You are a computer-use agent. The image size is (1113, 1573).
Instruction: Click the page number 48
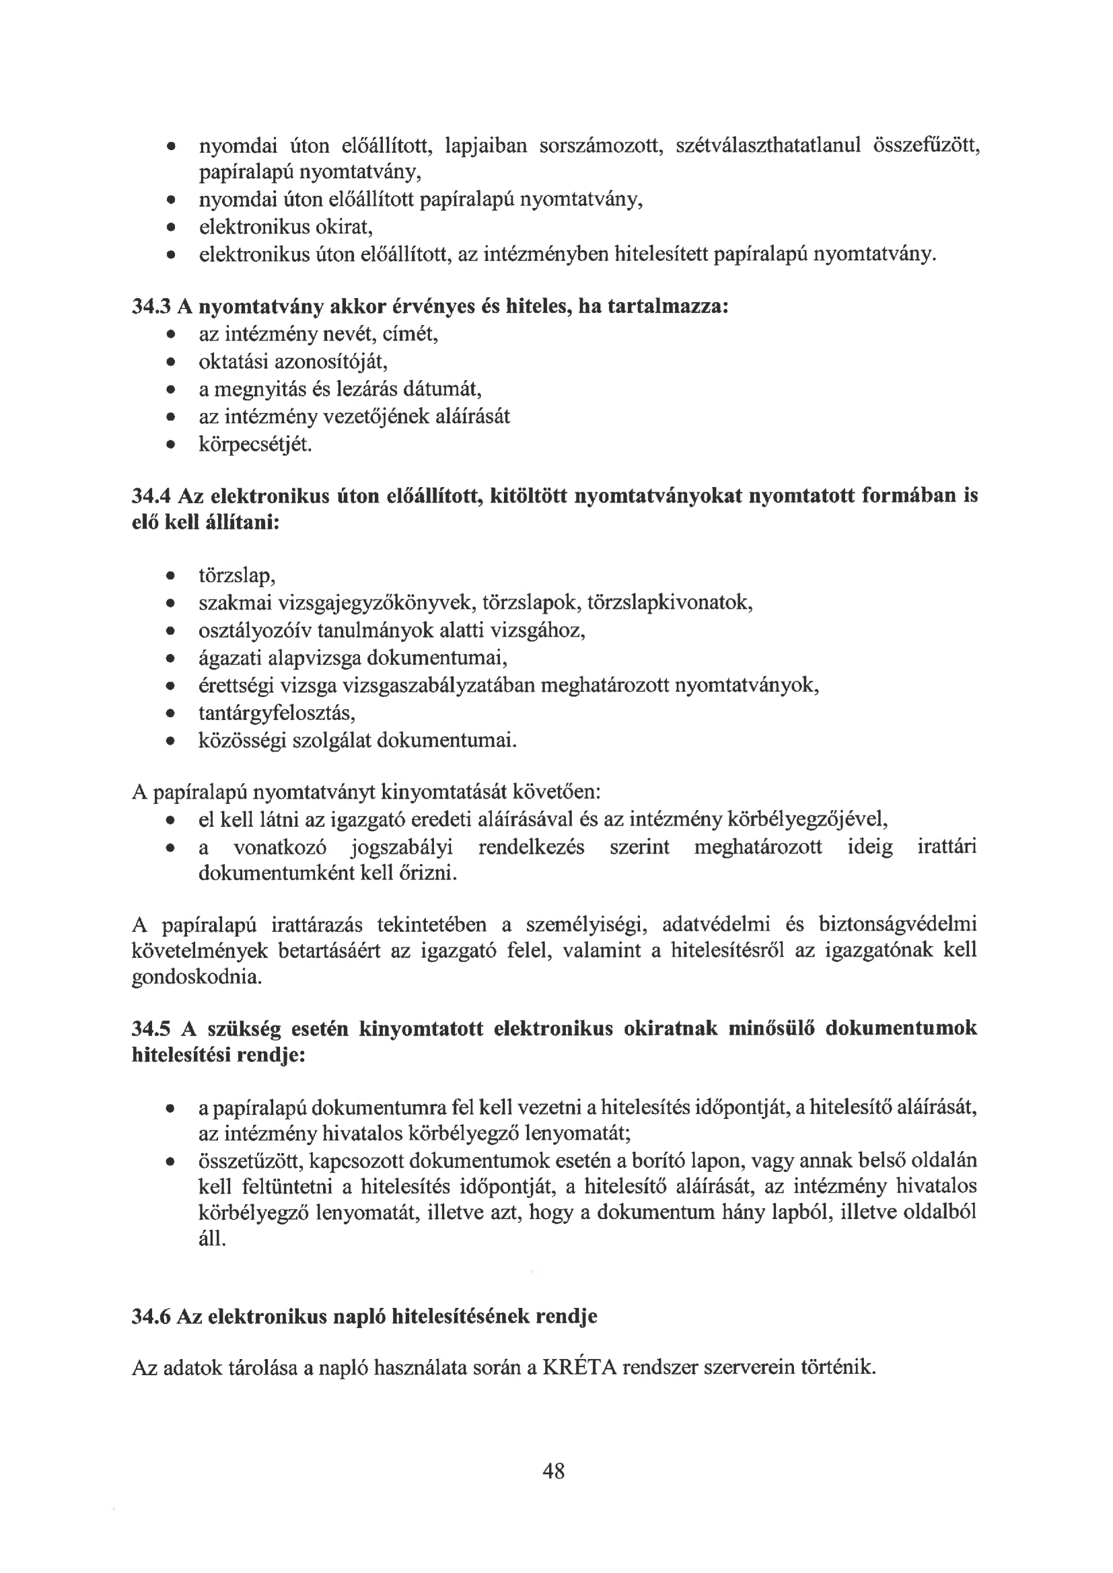pyautogui.click(x=553, y=1470)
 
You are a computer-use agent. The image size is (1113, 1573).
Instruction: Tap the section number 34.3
pyautogui.click(x=151, y=306)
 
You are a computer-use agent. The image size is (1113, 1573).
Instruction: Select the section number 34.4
pyautogui.click(x=151, y=495)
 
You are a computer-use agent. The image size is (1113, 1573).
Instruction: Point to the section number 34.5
pyautogui.click(x=151, y=1028)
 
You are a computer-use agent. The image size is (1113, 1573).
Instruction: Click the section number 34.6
pyautogui.click(x=151, y=1317)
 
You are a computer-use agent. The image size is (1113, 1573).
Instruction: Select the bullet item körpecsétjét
pyautogui.click(x=255, y=445)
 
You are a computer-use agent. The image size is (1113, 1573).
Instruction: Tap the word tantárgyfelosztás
pyautogui.click(x=276, y=714)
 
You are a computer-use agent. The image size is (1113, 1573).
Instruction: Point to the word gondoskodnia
pyautogui.click(x=196, y=977)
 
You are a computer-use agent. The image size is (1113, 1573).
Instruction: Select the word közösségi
pyautogui.click(x=242, y=741)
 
